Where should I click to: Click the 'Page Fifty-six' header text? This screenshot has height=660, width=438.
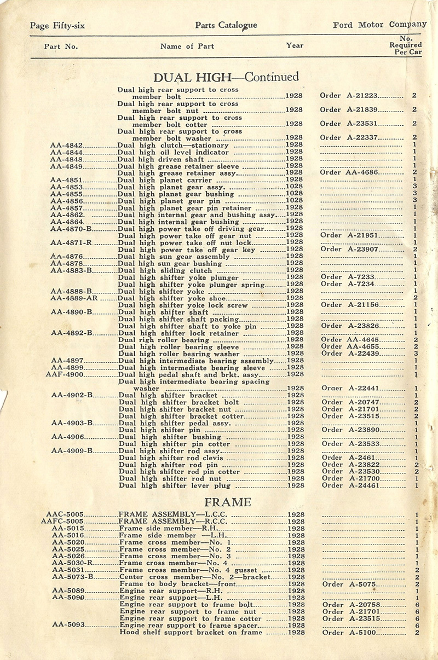[x=57, y=25]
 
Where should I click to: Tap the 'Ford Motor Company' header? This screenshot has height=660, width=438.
[x=379, y=25]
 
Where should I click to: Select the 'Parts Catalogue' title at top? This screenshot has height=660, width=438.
[x=226, y=25]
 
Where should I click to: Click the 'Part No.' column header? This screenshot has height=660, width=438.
[x=61, y=47]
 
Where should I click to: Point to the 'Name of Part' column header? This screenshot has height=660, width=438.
[x=187, y=47]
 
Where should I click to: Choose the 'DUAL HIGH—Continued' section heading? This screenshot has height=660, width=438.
[x=226, y=77]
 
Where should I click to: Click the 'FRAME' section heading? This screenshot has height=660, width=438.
[x=228, y=502]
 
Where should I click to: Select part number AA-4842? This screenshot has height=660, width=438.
[x=66, y=146]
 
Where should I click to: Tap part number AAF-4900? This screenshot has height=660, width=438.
[x=65, y=374]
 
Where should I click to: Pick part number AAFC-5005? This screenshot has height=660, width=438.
[x=62, y=522]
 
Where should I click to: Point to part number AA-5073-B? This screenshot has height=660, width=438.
[x=73, y=577]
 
